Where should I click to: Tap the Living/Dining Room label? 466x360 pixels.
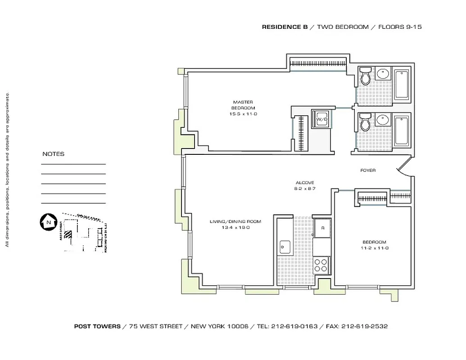coord(235,221)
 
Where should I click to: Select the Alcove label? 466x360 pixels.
coord(305,183)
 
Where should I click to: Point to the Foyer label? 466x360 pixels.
coord(368,171)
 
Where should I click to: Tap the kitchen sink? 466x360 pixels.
coord(285,246)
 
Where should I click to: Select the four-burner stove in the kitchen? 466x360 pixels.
coord(321,265)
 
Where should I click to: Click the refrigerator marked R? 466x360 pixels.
coord(322,228)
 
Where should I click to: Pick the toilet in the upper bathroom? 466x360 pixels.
coord(365,76)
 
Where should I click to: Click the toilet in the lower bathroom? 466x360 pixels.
coord(365,121)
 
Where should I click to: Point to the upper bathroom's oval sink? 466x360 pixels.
coord(383,74)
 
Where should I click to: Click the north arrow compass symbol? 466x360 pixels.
coord(47,221)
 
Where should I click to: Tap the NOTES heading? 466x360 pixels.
coord(53,154)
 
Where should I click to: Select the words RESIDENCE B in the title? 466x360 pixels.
coord(285,27)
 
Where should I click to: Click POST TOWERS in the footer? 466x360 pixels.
coord(97,326)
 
